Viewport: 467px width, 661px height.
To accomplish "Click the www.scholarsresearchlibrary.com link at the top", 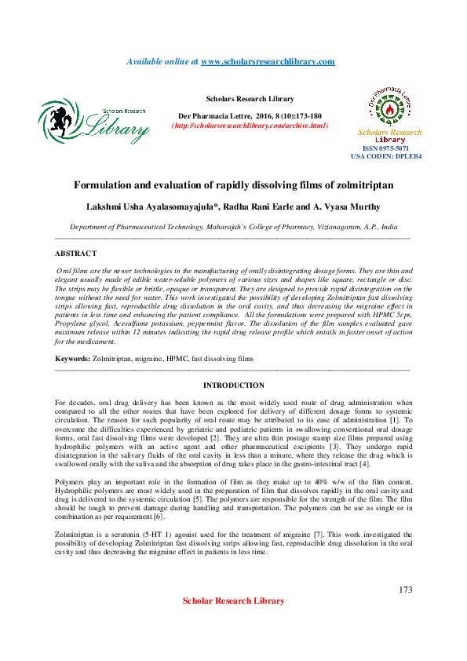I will [268, 61].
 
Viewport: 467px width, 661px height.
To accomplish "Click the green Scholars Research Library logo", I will [93, 122].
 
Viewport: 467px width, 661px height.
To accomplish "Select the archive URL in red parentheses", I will [250, 126].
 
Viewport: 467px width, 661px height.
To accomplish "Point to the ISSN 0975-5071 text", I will [385, 148].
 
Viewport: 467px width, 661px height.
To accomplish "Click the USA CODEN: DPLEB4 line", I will [386, 156].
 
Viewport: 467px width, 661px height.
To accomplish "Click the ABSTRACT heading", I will [75, 254].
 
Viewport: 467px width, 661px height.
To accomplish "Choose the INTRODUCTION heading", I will [233, 385].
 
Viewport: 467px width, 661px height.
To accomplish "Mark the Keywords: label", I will [72, 358].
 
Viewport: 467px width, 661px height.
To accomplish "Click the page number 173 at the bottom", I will [405, 590].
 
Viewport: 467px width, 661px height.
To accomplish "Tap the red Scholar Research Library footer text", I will [233, 601].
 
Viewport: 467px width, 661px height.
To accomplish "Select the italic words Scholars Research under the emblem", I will [390, 133].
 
